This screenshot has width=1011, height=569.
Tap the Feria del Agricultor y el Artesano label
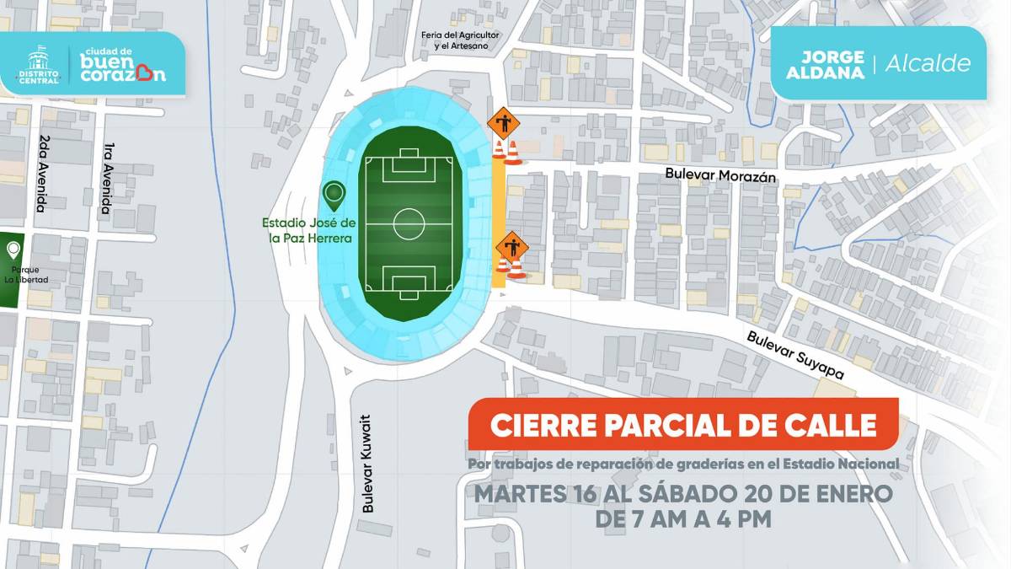pos(461,40)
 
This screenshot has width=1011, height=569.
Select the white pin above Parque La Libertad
pos(13,250)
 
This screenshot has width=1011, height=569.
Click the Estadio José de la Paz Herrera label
pos(309,230)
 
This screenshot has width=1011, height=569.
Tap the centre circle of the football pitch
pos(409,224)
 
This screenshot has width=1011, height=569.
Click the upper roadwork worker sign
pos(504,125)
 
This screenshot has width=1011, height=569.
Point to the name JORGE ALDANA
pos(832,64)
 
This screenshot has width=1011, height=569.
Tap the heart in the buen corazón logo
pos(151,73)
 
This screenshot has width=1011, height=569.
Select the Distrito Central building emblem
pos(37,62)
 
